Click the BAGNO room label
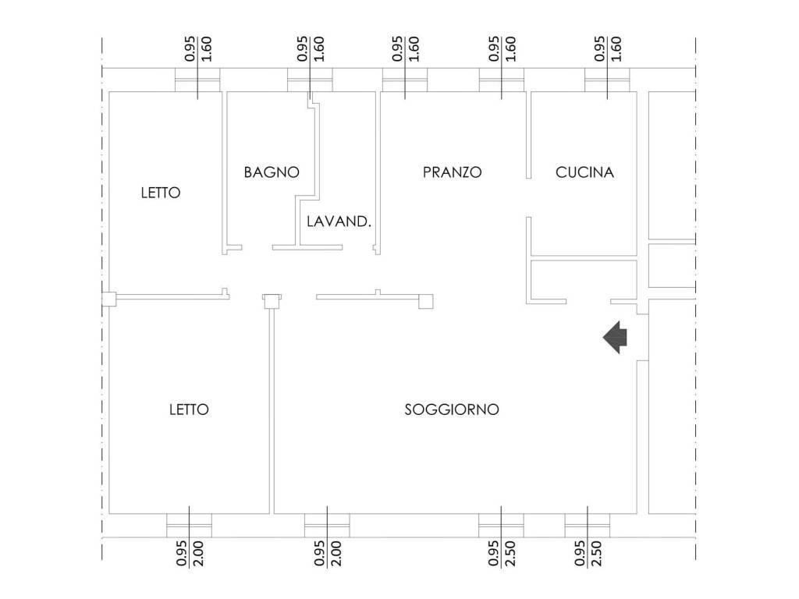pyautogui.click(x=271, y=172)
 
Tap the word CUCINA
pyautogui.click(x=584, y=172)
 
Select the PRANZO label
pyautogui.click(x=452, y=172)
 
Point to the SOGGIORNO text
pyautogui.click(x=452, y=409)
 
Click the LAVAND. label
pyautogui.click(x=338, y=222)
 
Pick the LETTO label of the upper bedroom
pyautogui.click(x=160, y=193)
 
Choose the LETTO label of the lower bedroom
pyautogui.click(x=189, y=409)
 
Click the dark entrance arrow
pyautogui.click(x=616, y=337)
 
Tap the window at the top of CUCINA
pyautogui.click(x=607, y=80)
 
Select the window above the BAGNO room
pyautogui.click(x=310, y=80)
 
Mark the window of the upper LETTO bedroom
pyautogui.click(x=197, y=80)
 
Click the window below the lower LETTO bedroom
pyautogui.click(x=189, y=525)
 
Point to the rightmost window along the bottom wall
pyautogui.click(x=587, y=525)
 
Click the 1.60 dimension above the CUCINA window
pyautogui.click(x=616, y=49)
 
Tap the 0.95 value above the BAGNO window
pyautogui.click(x=303, y=49)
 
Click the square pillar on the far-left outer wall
pyautogui.click(x=108, y=297)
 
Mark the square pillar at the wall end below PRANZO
pyautogui.click(x=426, y=302)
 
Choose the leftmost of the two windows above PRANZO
pyautogui.click(x=404, y=80)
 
